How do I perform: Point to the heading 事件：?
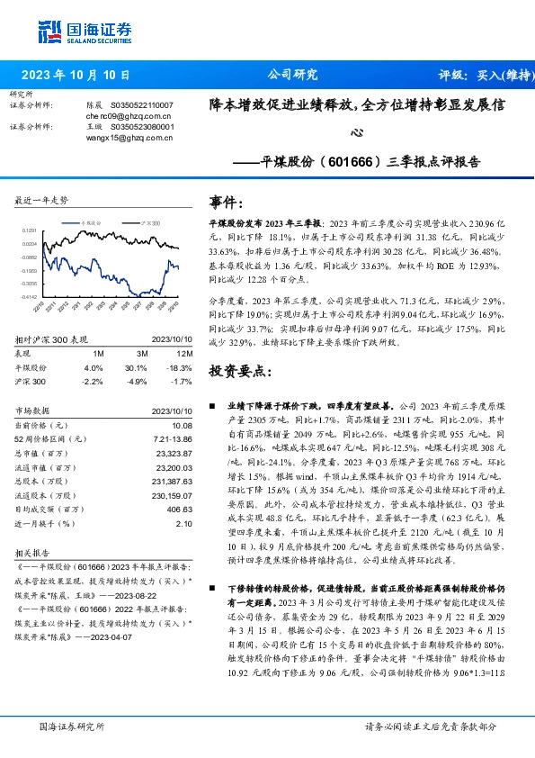[x=227, y=202]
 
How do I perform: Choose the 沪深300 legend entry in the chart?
[x=147, y=221]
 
